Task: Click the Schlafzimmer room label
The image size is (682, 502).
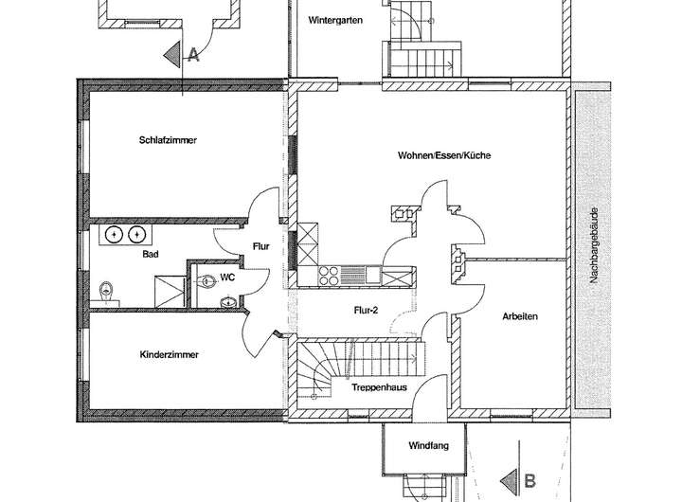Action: [x=168, y=140]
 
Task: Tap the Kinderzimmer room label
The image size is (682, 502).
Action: [x=170, y=354]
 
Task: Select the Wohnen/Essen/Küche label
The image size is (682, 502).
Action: [x=444, y=155]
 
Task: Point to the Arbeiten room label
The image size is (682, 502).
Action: [x=520, y=316]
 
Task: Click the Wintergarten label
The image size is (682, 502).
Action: [x=335, y=21]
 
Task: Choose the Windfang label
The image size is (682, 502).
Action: [x=428, y=445]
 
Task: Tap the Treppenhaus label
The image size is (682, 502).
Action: [x=379, y=387]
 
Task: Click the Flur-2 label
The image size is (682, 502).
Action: [x=366, y=310]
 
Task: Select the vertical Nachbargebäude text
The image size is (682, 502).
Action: [x=594, y=245]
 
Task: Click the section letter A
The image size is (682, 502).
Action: [x=193, y=55]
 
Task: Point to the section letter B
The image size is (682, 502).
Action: [x=529, y=481]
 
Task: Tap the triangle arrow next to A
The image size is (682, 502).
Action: [x=172, y=54]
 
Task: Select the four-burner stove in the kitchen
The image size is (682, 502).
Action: [x=329, y=275]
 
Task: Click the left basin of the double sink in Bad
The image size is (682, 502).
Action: [x=115, y=235]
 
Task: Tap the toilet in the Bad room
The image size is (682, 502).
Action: [x=106, y=291]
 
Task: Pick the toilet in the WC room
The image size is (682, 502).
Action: [x=206, y=281]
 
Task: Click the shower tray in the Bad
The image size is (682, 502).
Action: [x=170, y=291]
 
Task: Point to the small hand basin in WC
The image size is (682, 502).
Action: [x=227, y=301]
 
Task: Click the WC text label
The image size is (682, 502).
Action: [x=227, y=278]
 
